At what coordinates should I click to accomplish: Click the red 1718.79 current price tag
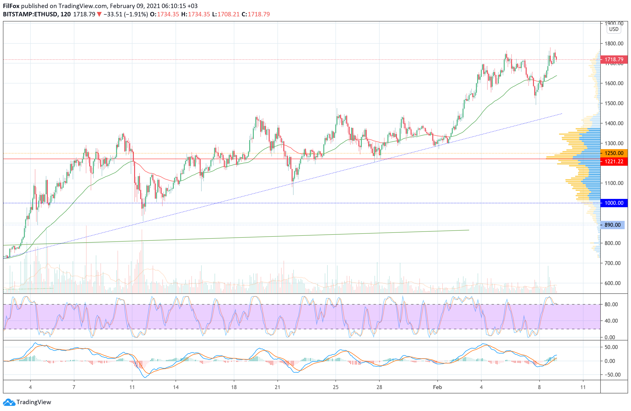(x=613, y=60)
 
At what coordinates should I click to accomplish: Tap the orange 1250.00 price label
(x=613, y=153)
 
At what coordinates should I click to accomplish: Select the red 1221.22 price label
(x=613, y=161)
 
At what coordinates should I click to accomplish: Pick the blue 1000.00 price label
(x=613, y=203)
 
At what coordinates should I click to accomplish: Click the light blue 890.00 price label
(x=612, y=225)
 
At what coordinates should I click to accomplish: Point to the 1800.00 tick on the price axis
(x=614, y=43)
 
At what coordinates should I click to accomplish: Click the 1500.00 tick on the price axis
(x=614, y=103)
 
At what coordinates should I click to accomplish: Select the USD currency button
(x=613, y=29)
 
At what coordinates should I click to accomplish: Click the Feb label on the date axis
(x=437, y=387)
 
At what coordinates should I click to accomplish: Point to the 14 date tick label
(x=176, y=387)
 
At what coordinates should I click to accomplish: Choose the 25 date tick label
(x=336, y=387)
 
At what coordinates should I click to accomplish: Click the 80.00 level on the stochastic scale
(x=611, y=304)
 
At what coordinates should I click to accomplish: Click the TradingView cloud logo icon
(x=9, y=402)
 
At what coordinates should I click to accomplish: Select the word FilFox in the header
(x=11, y=6)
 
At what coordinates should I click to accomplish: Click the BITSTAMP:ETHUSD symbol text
(x=30, y=14)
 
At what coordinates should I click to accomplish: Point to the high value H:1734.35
(x=196, y=14)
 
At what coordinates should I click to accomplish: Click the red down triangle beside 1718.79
(x=99, y=14)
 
